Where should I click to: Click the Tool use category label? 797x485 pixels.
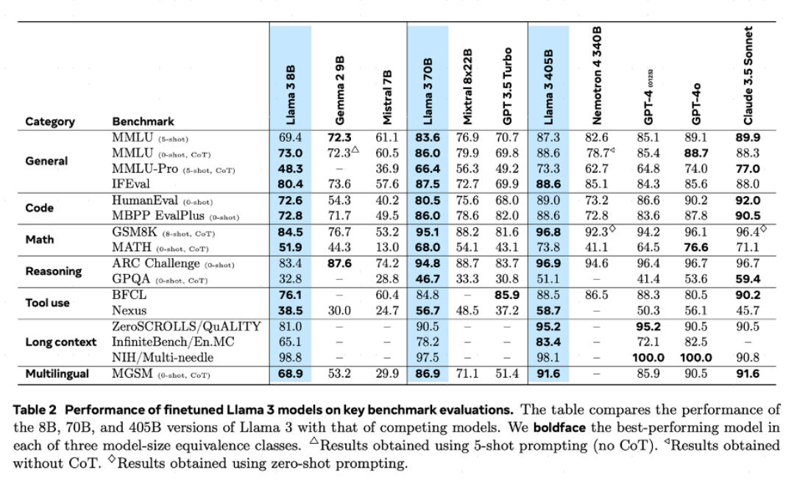pyautogui.click(x=48, y=302)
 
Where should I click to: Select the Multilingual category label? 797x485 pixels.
pyautogui.click(x=57, y=373)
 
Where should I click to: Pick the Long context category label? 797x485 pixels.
pyautogui.click(x=61, y=342)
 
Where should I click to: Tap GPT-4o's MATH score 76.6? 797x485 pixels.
pyautogui.click(x=696, y=248)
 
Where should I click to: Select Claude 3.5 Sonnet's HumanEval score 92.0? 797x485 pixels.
pyautogui.click(x=748, y=201)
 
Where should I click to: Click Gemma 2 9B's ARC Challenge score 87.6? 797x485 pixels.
pyautogui.click(x=339, y=264)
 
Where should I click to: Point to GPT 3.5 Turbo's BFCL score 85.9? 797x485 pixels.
pyautogui.click(x=506, y=295)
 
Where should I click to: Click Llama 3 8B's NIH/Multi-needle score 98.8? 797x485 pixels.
pyautogui.click(x=291, y=358)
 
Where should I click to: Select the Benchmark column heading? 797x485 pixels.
pyautogui.click(x=143, y=121)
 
